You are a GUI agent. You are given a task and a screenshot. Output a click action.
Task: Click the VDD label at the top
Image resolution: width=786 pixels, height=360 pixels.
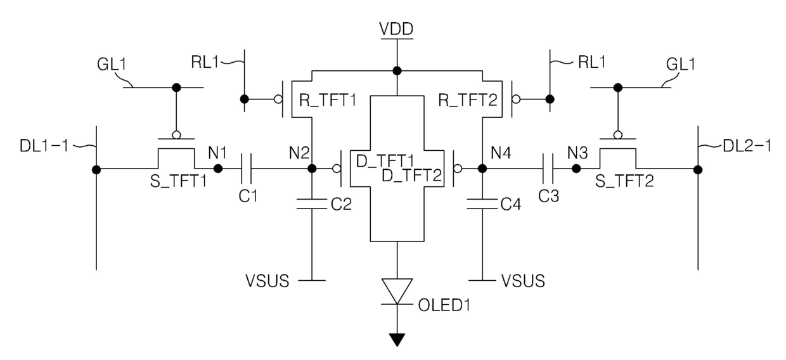pyautogui.click(x=397, y=29)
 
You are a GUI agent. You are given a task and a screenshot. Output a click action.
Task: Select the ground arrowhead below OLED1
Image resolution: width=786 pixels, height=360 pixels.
pyautogui.click(x=397, y=340)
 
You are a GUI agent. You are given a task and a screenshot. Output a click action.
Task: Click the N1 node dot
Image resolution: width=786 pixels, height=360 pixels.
pyautogui.click(x=218, y=169)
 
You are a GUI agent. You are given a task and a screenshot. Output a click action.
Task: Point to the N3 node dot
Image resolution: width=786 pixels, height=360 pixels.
pyautogui.click(x=576, y=169)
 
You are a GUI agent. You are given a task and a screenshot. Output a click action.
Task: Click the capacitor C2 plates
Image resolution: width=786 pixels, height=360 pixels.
pyautogui.click(x=312, y=204)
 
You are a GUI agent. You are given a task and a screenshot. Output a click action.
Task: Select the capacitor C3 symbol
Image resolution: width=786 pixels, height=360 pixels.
pyautogui.click(x=548, y=169)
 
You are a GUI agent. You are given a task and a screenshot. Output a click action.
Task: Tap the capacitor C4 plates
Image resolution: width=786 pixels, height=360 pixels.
pyautogui.click(x=482, y=204)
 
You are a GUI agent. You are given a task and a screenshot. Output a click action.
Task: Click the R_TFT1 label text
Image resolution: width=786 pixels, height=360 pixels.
pyautogui.click(x=328, y=100)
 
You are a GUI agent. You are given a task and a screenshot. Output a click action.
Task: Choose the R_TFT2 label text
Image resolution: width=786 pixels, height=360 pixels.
pyautogui.click(x=468, y=100)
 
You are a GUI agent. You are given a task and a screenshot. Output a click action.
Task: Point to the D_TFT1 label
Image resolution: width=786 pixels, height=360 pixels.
pyautogui.click(x=385, y=161)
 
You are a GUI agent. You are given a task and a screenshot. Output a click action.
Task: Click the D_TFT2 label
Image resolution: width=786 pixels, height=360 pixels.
pyautogui.click(x=411, y=176)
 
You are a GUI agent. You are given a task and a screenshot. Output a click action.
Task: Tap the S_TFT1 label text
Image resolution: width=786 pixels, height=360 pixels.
pyautogui.click(x=179, y=181)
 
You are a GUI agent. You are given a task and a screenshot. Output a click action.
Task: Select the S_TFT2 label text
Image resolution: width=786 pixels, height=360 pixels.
pyautogui.click(x=624, y=181)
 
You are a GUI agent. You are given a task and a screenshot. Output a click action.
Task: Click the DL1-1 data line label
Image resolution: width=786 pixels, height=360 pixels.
pyautogui.click(x=44, y=146)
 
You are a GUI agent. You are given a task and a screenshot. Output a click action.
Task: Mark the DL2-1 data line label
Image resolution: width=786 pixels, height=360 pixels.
pyautogui.click(x=747, y=146)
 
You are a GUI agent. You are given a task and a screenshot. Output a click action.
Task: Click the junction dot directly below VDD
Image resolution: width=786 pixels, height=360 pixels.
pyautogui.click(x=397, y=71)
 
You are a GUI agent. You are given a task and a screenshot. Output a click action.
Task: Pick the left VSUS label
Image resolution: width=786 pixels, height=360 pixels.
pyautogui.click(x=267, y=281)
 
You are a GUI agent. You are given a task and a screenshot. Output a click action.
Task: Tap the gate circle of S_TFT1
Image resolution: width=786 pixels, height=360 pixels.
pyautogui.click(x=176, y=135)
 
